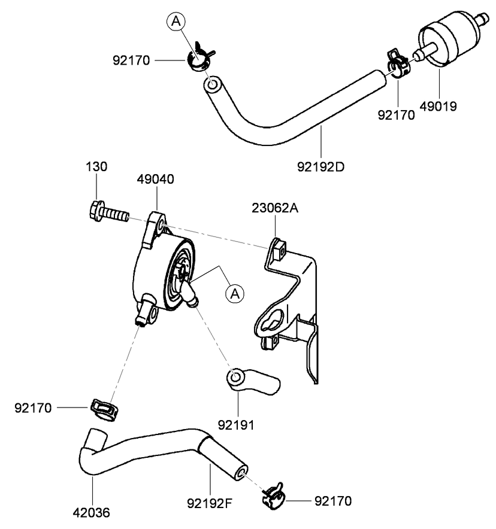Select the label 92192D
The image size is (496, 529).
click(x=321, y=166)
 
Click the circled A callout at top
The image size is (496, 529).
click(x=176, y=22)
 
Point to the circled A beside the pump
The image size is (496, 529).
click(x=235, y=293)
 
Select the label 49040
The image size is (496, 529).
click(x=156, y=179)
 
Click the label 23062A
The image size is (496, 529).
click(x=275, y=208)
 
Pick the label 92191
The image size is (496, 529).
click(x=237, y=425)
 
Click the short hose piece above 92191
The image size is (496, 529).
click(x=252, y=382)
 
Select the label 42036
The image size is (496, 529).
click(x=93, y=512)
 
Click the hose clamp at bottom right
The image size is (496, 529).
click(x=273, y=495)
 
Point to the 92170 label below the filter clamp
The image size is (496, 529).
click(x=396, y=115)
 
